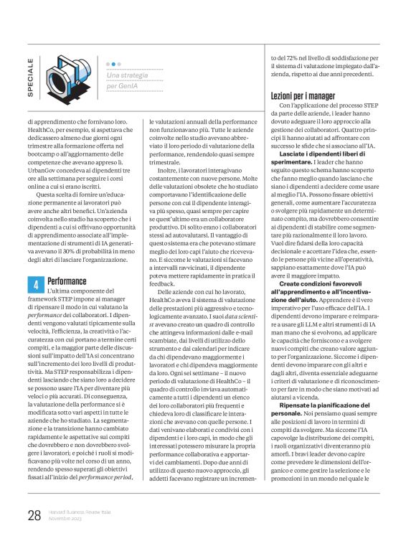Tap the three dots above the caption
tap(113, 63)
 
